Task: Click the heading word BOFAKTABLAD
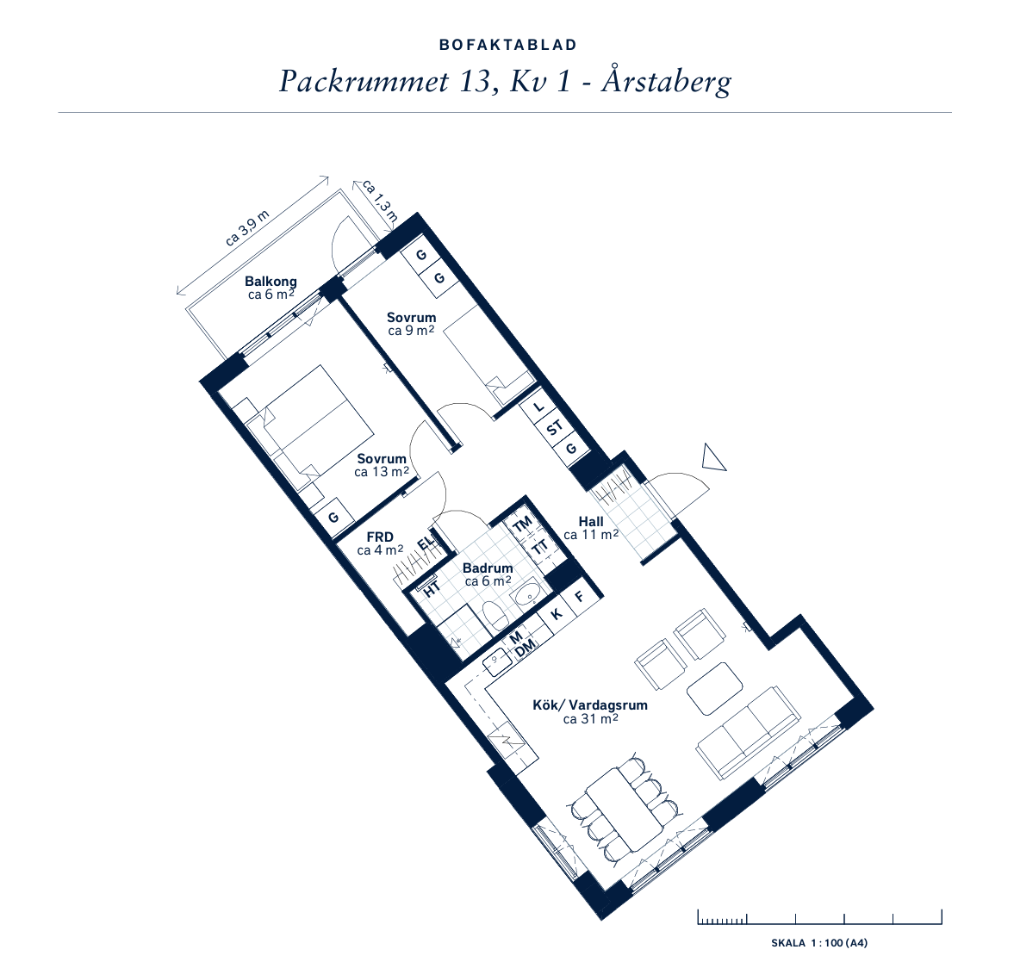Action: pos(507,46)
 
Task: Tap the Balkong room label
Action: pos(271,282)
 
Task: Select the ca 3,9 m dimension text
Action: pos(247,228)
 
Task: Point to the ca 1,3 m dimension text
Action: pos(380,199)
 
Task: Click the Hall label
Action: pos(591,522)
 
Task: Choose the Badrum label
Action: pos(488,568)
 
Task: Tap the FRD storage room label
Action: pos(380,537)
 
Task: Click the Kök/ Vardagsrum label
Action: pos(590,705)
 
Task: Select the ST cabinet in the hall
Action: pos(555,427)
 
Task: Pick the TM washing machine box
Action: pos(522,524)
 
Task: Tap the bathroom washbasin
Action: pos(528,593)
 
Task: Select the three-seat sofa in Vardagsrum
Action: pos(748,733)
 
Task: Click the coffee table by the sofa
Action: pos(714,688)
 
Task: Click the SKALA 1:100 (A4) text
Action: pos(819,943)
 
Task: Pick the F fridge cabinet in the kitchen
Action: pos(580,596)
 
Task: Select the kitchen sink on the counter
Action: pos(497,661)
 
